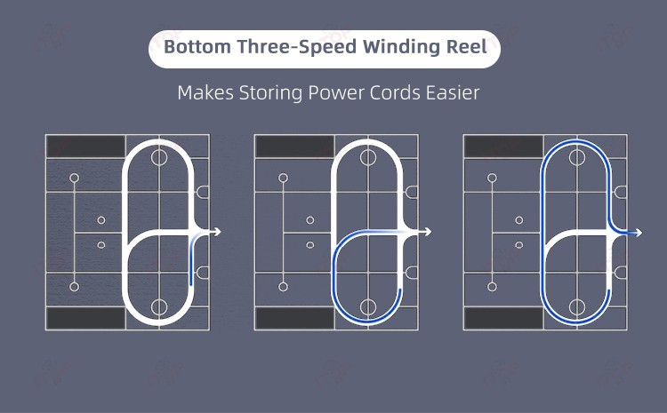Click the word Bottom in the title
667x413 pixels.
click(193, 48)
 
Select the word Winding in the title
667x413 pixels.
click(387, 48)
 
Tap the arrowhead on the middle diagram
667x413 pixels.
click(428, 232)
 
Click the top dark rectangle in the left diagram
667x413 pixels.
click(85, 147)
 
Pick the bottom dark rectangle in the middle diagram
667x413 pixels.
click(294, 318)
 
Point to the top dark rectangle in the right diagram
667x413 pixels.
click(503, 147)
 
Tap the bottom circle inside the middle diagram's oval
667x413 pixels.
click(368, 307)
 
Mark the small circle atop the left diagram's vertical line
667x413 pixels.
click(74, 178)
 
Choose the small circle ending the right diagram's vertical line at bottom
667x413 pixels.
click(492, 287)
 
